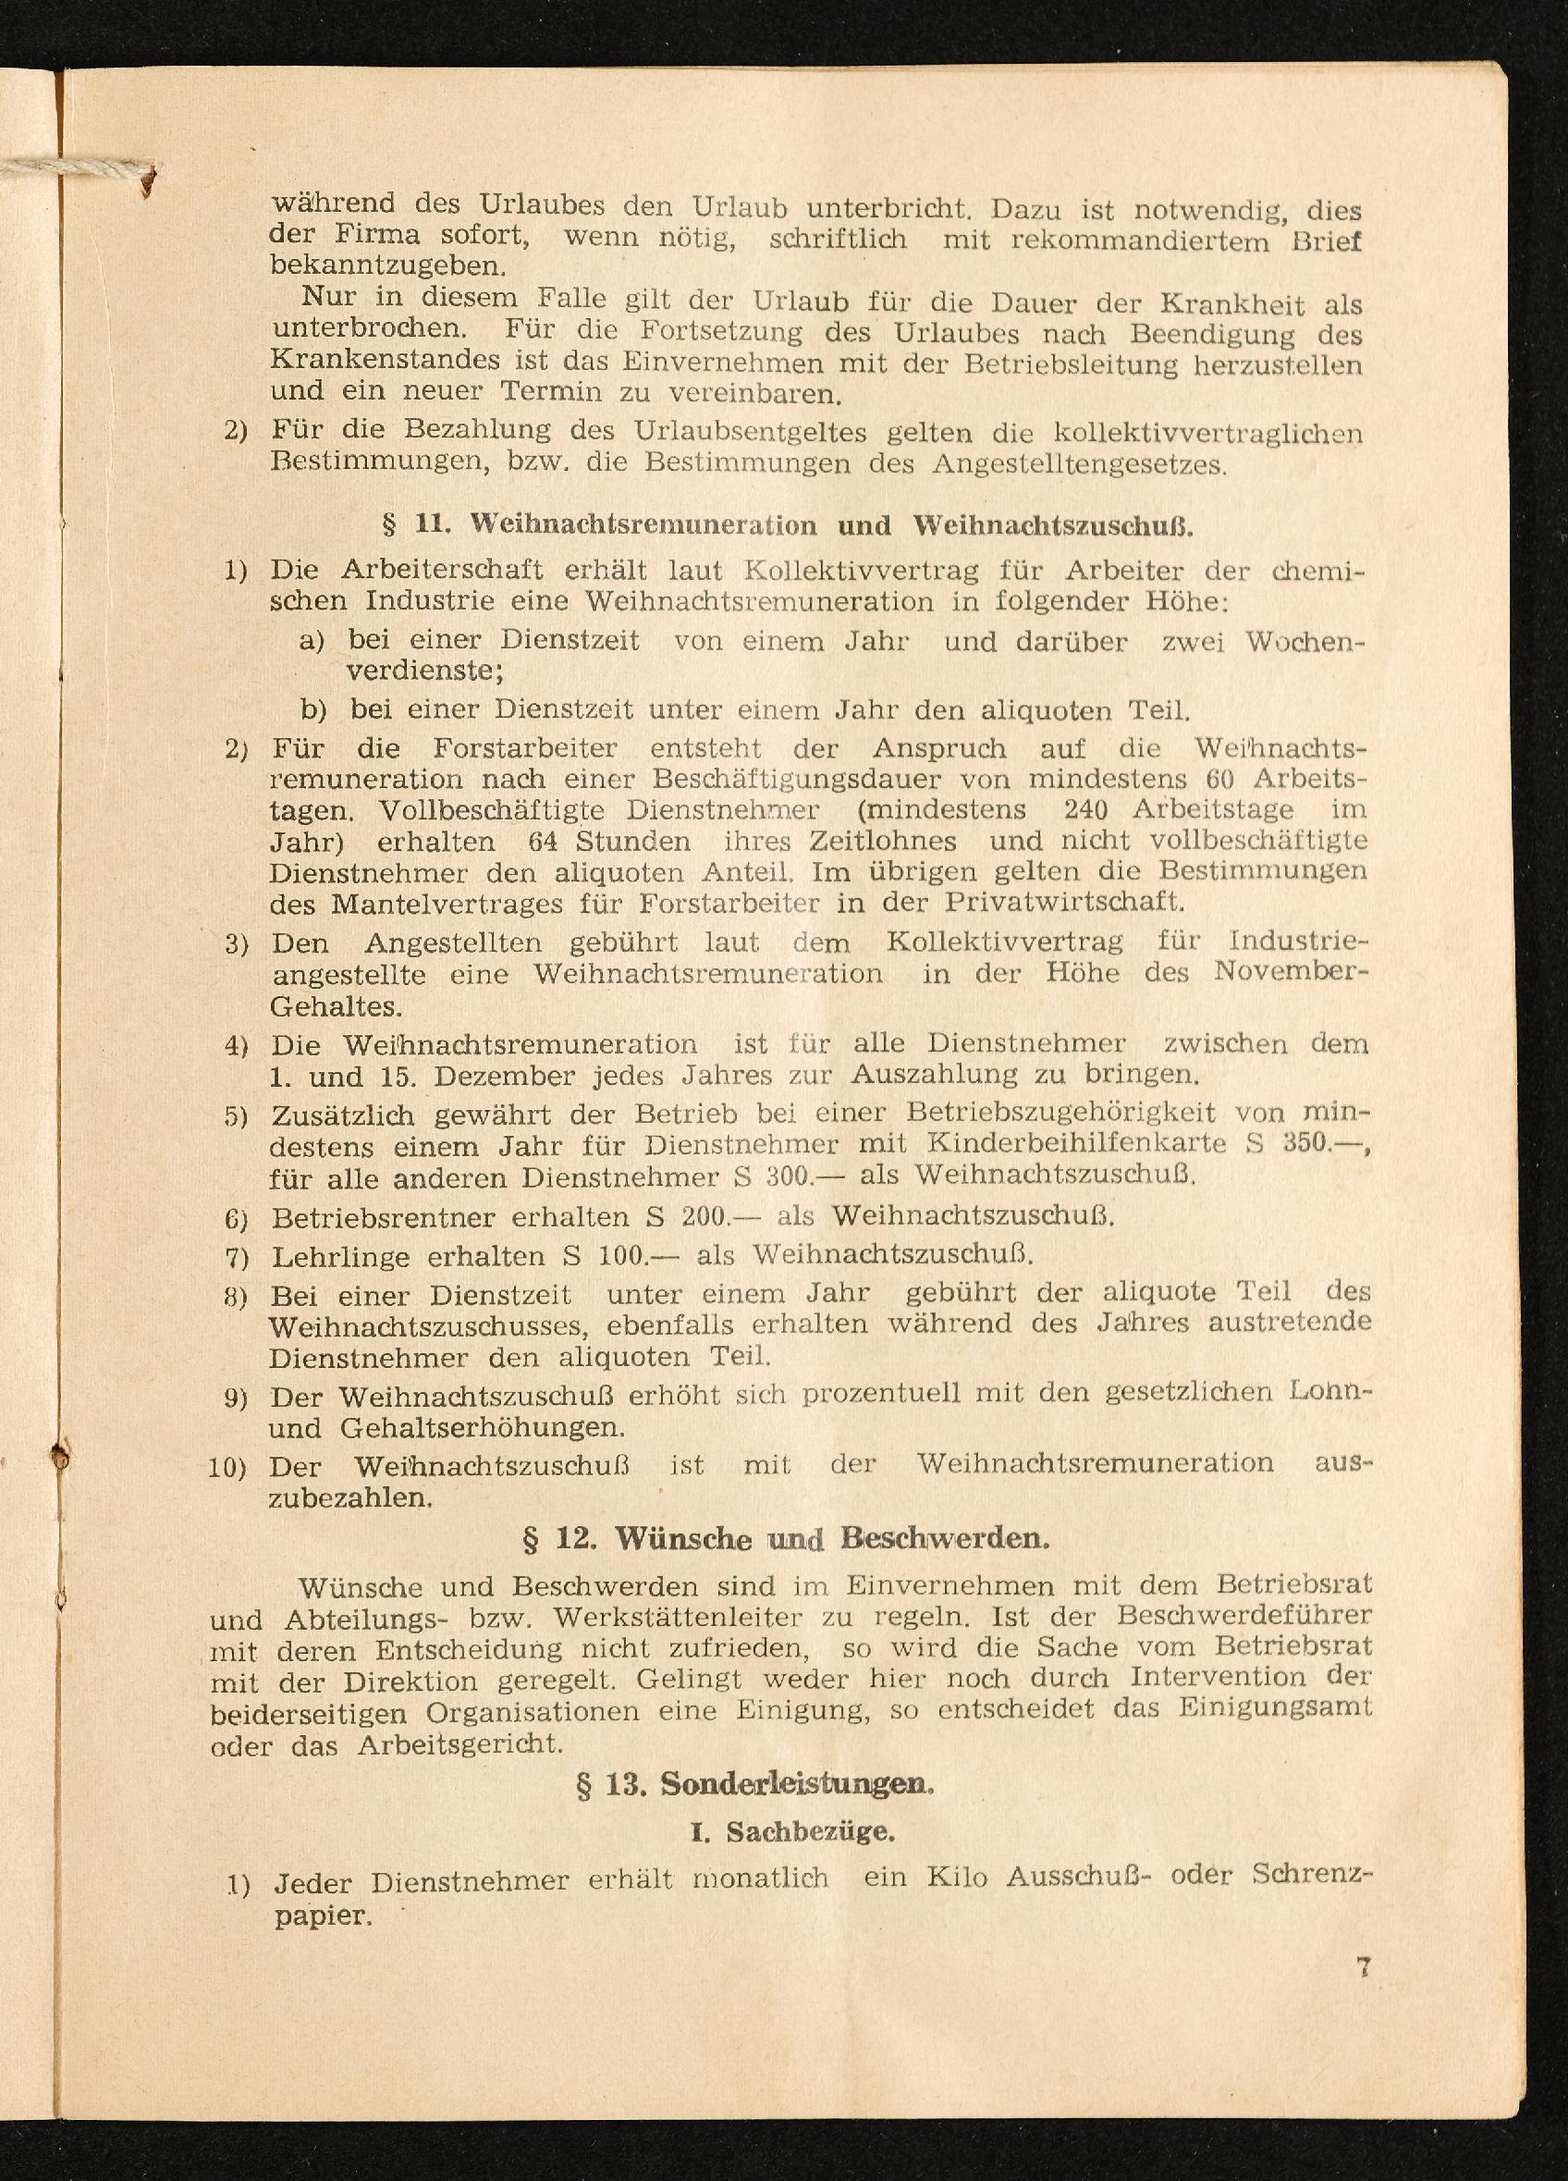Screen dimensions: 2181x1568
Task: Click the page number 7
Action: [1362, 1965]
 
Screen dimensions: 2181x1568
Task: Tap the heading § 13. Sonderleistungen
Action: [753, 1785]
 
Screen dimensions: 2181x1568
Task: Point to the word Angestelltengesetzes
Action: [1080, 464]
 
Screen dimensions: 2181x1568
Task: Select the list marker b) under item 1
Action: [312, 709]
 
